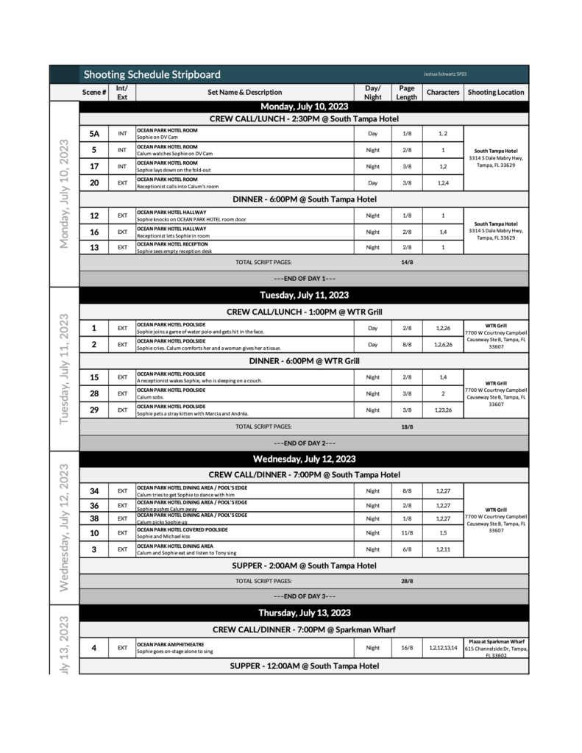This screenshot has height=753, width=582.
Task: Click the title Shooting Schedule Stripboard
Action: pyautogui.click(x=152, y=74)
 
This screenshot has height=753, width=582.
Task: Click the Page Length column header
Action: pyautogui.click(x=406, y=92)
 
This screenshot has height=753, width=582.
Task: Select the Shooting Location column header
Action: pyautogui.click(x=496, y=92)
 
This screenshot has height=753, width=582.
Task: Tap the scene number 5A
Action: pyautogui.click(x=94, y=134)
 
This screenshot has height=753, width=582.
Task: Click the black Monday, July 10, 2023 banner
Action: pyautogui.click(x=304, y=106)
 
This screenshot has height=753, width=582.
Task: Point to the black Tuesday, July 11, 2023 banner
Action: pyautogui.click(x=304, y=295)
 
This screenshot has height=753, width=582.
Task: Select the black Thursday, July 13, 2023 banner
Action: pyautogui.click(x=304, y=613)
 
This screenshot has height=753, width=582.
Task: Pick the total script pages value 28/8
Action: pyautogui.click(x=407, y=580)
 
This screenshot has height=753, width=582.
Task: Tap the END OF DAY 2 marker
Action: pyautogui.click(x=304, y=443)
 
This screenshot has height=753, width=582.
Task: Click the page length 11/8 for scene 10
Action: pyautogui.click(x=407, y=532)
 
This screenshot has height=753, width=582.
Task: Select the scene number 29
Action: pyautogui.click(x=94, y=410)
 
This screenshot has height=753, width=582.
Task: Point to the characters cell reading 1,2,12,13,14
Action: pyautogui.click(x=443, y=648)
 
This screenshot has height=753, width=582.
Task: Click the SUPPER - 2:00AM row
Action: pyautogui.click(x=304, y=565)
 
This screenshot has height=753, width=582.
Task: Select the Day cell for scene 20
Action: pyautogui.click(x=372, y=182)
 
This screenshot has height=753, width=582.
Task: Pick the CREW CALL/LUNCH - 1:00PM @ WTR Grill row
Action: pyautogui.click(x=304, y=312)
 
